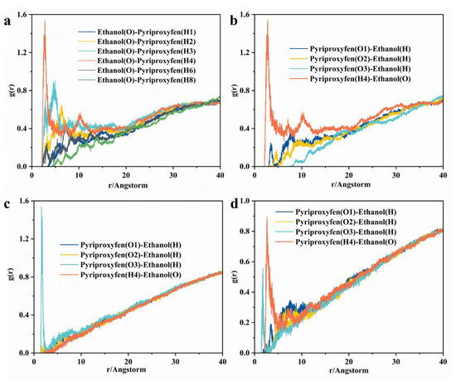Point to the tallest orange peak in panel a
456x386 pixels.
point(45,22)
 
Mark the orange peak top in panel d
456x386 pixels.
point(267,217)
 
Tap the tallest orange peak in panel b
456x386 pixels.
point(268,22)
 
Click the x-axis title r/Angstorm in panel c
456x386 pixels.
point(124,374)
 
